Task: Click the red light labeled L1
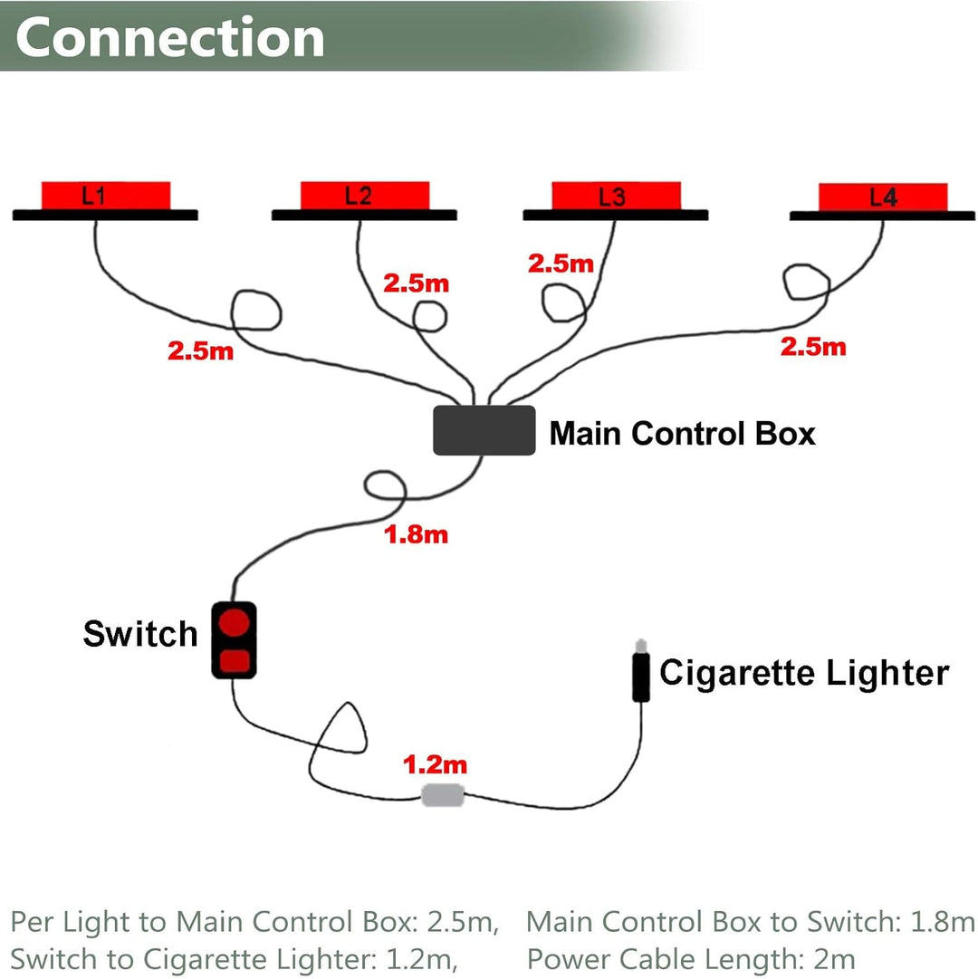(x=105, y=195)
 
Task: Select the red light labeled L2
(x=364, y=195)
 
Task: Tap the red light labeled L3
(x=616, y=196)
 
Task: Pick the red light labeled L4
(x=883, y=197)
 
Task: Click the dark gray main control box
(x=484, y=430)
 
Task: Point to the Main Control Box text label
(x=682, y=434)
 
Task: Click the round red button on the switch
(x=235, y=622)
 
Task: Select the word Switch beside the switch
(x=140, y=634)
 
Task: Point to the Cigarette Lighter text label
(x=804, y=673)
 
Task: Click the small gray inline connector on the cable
(x=444, y=796)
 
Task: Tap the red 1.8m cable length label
(x=417, y=534)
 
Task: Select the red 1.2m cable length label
(x=436, y=765)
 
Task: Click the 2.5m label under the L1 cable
(x=200, y=350)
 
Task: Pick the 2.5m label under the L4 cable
(x=813, y=346)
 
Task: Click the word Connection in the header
(x=170, y=38)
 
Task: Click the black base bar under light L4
(x=882, y=216)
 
